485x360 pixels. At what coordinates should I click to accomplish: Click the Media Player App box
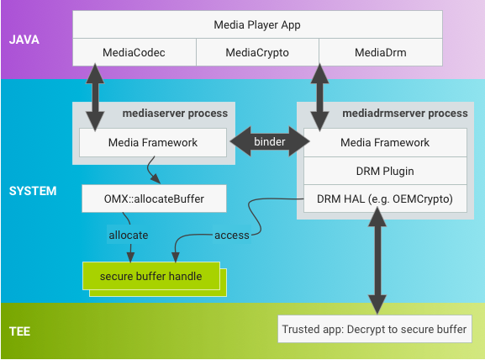(257, 24)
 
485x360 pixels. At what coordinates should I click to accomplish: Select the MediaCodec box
(134, 52)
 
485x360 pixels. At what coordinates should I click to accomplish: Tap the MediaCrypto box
(257, 52)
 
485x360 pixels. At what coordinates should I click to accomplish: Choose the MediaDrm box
(381, 52)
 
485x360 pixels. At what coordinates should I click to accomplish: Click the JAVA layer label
(24, 40)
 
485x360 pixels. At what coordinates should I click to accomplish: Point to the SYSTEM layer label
(33, 191)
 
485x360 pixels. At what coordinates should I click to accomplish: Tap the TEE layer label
(20, 331)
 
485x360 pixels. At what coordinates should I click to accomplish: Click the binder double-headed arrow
(270, 141)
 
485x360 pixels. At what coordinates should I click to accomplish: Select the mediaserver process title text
(175, 114)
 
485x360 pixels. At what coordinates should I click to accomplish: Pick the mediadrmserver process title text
(405, 114)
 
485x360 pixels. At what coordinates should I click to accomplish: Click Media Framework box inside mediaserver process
(153, 142)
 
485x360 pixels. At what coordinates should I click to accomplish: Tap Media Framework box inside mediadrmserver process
(385, 142)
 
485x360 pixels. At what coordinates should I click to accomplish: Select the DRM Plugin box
(385, 171)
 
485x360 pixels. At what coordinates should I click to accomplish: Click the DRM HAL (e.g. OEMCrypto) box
(385, 199)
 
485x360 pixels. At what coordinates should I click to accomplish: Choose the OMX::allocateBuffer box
(154, 199)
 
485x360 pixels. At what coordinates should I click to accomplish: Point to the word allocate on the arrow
(129, 236)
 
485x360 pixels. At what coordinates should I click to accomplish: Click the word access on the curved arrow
(232, 236)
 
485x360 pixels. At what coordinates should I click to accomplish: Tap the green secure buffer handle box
(151, 276)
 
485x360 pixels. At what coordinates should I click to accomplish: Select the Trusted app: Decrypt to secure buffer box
(375, 329)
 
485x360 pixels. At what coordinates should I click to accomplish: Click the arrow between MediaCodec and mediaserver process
(95, 98)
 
